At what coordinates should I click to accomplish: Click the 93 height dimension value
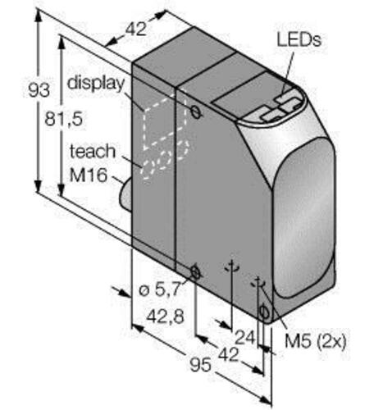[39, 90]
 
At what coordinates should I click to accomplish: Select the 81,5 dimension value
[63, 119]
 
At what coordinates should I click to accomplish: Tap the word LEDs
[299, 40]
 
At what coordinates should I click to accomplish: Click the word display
[96, 83]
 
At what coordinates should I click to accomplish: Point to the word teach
[93, 151]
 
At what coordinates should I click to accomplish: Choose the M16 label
[88, 175]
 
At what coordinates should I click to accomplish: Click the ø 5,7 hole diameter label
[160, 289]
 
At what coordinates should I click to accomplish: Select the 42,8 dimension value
[165, 317]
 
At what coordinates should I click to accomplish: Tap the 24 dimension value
[245, 337]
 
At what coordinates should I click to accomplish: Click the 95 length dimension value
[201, 365]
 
